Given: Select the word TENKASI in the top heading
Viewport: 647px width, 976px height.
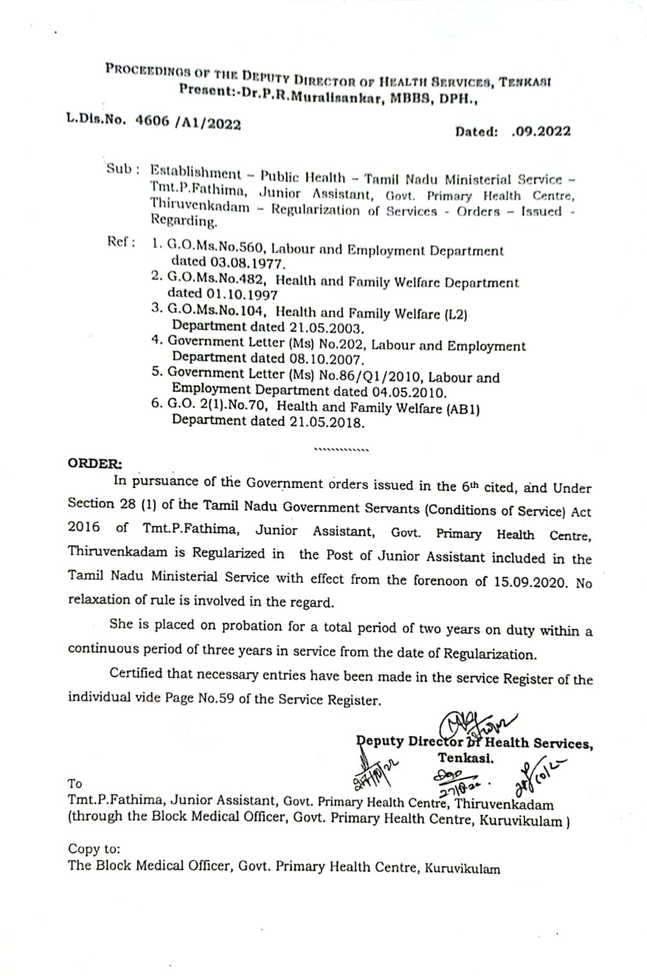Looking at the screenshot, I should point(525,82).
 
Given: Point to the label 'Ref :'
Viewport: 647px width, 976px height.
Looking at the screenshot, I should point(121,242).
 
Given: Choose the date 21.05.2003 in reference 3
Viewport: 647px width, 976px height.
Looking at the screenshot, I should point(327,328).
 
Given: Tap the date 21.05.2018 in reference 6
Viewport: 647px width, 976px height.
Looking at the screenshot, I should point(327,422).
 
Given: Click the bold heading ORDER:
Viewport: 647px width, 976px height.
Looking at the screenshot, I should point(95,463).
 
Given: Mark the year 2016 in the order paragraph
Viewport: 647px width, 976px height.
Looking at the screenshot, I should point(84,527).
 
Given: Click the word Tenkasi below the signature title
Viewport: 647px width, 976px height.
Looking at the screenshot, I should point(466,758).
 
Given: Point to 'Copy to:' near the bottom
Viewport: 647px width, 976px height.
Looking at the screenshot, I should point(94,849).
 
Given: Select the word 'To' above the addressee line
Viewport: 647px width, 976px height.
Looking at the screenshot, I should point(75,784).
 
